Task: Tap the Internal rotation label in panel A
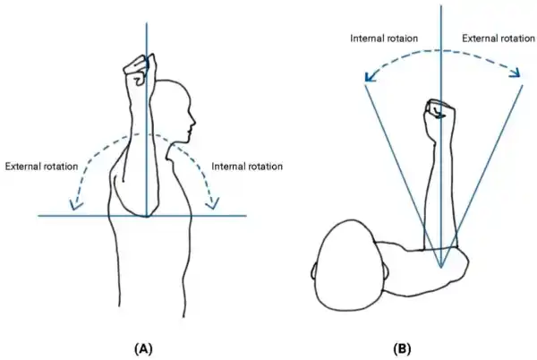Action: coord(247,167)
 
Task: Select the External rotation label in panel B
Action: coord(497,38)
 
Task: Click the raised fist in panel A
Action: coord(138,70)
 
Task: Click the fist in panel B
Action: coord(439,110)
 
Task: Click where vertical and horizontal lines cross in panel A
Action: coord(145,216)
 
